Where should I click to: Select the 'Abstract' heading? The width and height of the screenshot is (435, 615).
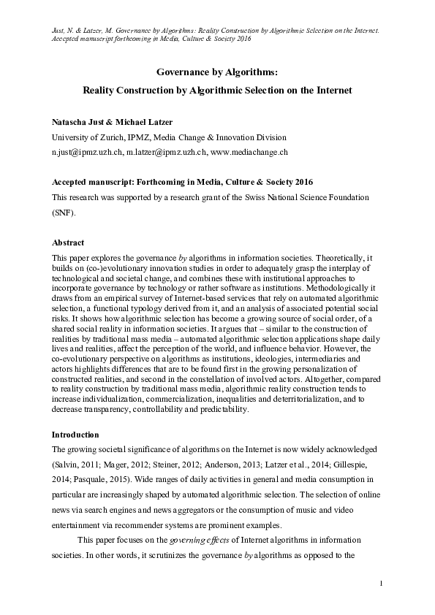click(x=69, y=242)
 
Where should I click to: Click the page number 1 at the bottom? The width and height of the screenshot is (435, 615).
click(x=382, y=583)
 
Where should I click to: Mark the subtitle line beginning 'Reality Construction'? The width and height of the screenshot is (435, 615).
click(x=217, y=91)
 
